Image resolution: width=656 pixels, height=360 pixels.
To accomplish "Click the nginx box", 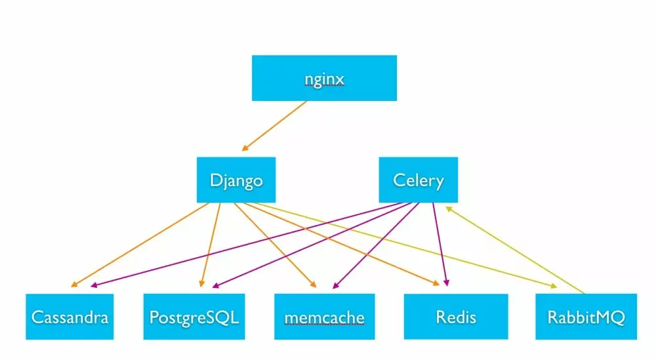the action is click(324, 78).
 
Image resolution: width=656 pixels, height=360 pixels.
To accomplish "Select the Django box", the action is click(236, 180).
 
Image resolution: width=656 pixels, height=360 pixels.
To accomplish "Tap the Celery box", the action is click(419, 180).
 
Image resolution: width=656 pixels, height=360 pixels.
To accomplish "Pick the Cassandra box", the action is click(70, 317).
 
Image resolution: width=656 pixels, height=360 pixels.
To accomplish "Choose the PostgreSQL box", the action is click(194, 317).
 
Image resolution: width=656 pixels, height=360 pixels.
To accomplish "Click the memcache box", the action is click(325, 317).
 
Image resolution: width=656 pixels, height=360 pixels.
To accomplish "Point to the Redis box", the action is click(456, 317).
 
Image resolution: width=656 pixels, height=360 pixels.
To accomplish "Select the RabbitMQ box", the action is click(586, 317).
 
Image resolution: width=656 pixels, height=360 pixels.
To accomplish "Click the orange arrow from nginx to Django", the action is click(274, 126).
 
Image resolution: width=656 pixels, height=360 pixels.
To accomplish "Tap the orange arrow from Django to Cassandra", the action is click(140, 245).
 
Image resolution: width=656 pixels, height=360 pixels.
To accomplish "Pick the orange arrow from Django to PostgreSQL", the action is click(211, 245).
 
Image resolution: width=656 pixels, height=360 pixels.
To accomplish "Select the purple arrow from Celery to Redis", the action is click(440, 245).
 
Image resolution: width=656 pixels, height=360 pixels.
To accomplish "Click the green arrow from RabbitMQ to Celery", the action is click(515, 250).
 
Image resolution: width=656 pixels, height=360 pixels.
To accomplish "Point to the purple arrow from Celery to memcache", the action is click(376, 246).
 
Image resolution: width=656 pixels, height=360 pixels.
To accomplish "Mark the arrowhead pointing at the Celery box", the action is click(449, 209).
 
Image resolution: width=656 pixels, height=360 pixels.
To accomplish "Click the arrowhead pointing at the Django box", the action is click(245, 148).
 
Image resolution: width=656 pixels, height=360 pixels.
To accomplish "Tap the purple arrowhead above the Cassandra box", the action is click(94, 286).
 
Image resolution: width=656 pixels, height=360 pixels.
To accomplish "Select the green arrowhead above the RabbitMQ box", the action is click(554, 286).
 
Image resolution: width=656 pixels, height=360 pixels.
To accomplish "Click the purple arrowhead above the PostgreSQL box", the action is click(216, 286).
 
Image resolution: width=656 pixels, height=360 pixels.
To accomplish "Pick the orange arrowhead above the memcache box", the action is click(313, 285).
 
